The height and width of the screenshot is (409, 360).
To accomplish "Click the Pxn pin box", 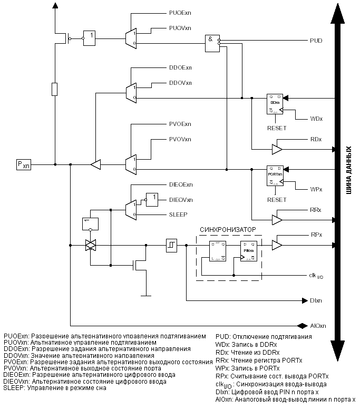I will coord(24,165).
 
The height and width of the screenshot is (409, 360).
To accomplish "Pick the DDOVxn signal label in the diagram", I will coord(180,83).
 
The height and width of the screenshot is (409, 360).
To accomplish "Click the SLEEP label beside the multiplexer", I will coord(178,215).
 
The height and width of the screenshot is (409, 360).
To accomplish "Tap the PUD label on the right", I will coord(316,40).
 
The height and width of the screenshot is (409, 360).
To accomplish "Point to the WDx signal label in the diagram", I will coord(316,119).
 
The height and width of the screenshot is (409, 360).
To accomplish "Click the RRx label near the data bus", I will coord(316,210).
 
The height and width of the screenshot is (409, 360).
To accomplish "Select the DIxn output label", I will coord(316,301).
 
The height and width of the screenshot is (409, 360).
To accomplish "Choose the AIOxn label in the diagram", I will coord(318,325).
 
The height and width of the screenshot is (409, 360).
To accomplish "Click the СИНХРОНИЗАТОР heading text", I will coord(228,230).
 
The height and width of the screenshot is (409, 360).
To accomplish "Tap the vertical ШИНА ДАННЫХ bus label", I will coord(348,169).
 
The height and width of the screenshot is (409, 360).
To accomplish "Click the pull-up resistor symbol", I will coord(55,89).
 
